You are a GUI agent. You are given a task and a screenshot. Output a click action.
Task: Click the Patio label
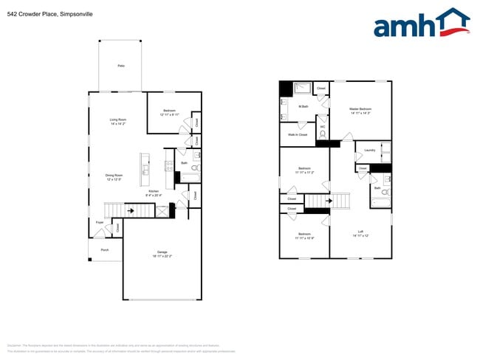click(x=120, y=66)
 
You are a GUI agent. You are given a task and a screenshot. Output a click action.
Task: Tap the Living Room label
click(x=118, y=122)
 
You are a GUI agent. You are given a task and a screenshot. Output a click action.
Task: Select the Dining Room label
click(x=114, y=177)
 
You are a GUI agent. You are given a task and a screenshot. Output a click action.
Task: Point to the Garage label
click(x=161, y=254)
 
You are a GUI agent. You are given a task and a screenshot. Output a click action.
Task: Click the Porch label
click(x=104, y=250)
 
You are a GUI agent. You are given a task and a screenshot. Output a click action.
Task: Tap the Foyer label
click(x=100, y=222)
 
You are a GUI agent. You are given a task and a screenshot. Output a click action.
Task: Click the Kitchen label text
click(x=153, y=191)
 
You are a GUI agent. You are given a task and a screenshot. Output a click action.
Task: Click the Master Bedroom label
click(x=360, y=110)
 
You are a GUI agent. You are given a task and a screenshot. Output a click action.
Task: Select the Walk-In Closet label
click(x=298, y=134)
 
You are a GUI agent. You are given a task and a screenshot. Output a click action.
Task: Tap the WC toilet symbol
click(x=323, y=135)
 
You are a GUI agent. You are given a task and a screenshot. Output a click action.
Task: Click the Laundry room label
click(x=370, y=150)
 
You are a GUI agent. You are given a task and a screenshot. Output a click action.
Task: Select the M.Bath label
click(x=303, y=107)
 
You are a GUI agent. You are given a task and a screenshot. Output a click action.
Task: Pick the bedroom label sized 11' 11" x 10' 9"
click(x=304, y=236)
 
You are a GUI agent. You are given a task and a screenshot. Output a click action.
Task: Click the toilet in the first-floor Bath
click(x=194, y=169)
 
